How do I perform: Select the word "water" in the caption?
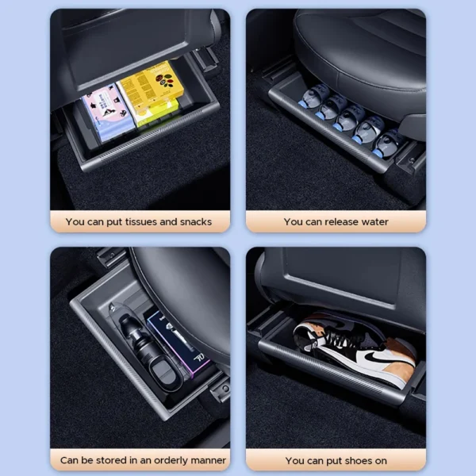pyautogui.click(x=373, y=222)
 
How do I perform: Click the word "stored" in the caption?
pyautogui.click(x=108, y=460)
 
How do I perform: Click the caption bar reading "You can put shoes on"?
pyautogui.click(x=336, y=460)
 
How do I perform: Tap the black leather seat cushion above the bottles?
pyautogui.click(x=357, y=56)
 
